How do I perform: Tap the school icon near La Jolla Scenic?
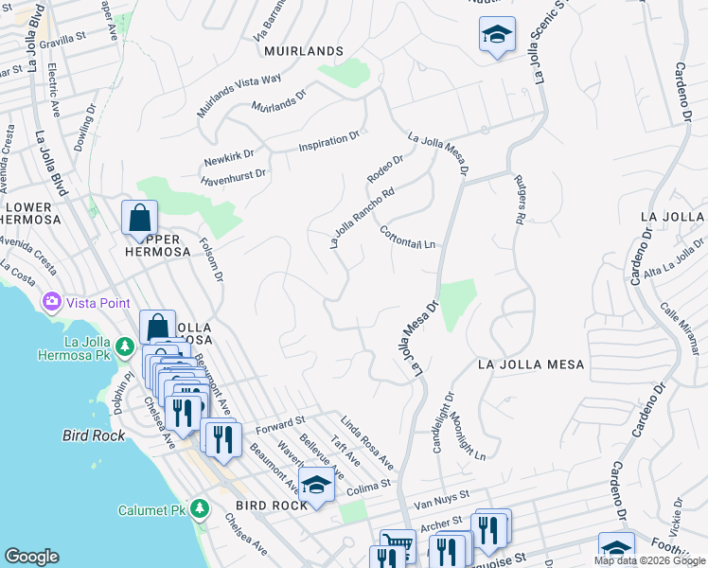(497, 35)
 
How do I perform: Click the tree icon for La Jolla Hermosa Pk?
(124, 349)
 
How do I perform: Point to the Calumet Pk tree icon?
(199, 509)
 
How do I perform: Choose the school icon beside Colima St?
(317, 485)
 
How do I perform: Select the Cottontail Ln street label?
(408, 238)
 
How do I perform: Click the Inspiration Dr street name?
(329, 143)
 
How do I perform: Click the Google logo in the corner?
(31, 556)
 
